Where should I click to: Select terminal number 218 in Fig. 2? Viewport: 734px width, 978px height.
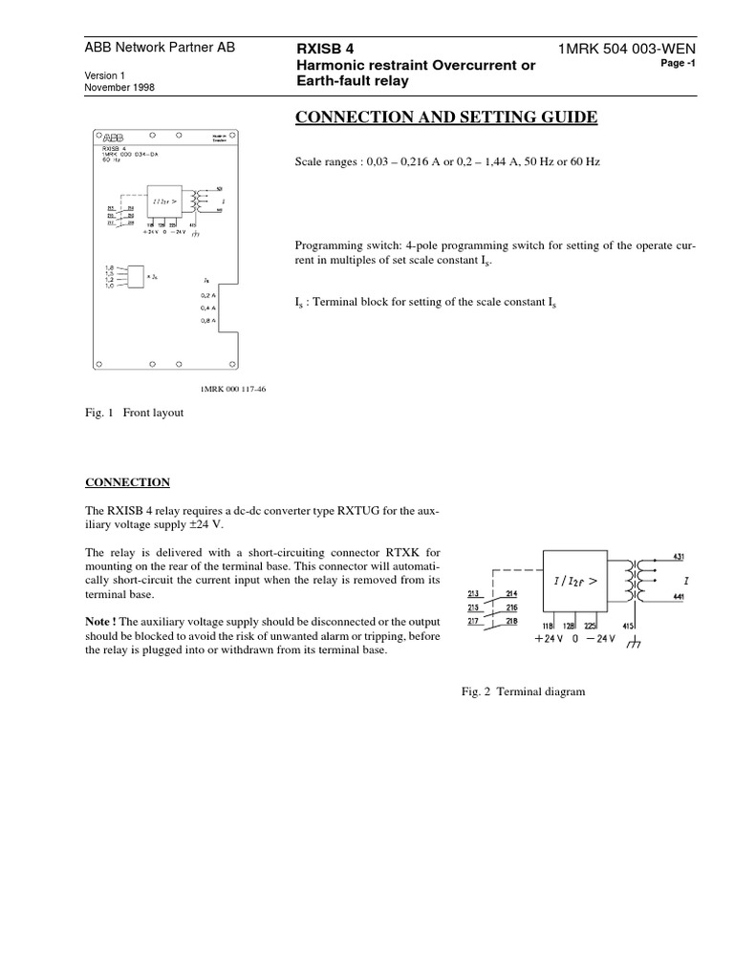pyautogui.click(x=511, y=622)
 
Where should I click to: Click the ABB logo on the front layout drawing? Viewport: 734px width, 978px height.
pyautogui.click(x=112, y=136)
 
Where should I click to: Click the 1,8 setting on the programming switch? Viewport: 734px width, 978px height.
pyautogui.click(x=111, y=268)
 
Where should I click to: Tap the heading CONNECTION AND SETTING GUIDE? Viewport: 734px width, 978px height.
pyautogui.click(x=448, y=117)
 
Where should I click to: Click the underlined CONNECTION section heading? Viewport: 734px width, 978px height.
pyautogui.click(x=127, y=482)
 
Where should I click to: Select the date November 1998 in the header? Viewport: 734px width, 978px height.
pyautogui.click(x=119, y=87)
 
